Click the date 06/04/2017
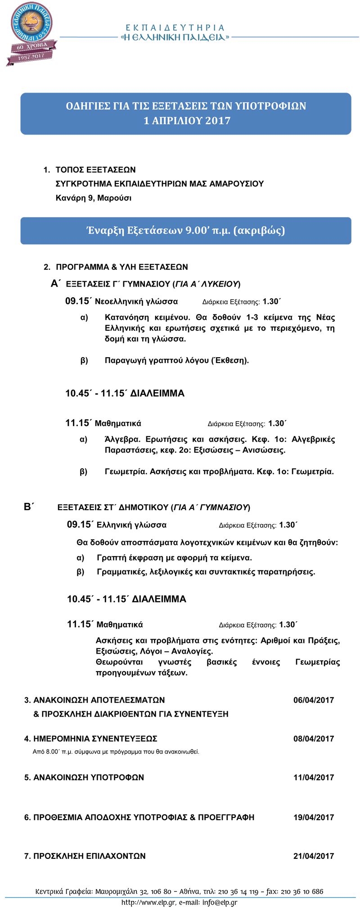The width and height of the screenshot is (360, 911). [314, 700]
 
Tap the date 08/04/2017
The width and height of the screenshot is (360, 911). [314, 739]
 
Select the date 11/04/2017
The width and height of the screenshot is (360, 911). [314, 777]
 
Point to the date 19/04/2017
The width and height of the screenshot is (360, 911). [314, 817]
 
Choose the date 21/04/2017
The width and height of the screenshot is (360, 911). [314, 856]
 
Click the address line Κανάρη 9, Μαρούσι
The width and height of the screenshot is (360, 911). [94, 198]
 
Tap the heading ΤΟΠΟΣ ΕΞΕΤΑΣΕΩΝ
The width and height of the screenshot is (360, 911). [95, 170]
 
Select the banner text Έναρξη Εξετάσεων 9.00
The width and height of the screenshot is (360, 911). [185, 231]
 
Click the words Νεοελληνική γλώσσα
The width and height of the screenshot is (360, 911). [136, 301]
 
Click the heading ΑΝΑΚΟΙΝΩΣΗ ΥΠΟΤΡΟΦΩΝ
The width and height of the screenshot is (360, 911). [89, 777]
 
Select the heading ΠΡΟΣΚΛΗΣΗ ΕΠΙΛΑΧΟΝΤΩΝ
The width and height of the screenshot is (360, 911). [90, 856]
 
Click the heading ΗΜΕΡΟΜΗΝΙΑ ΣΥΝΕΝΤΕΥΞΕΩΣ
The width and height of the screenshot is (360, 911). [95, 739]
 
